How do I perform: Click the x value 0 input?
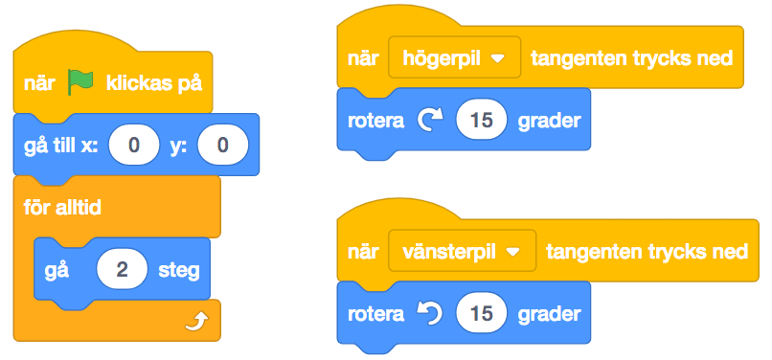(x=135, y=146)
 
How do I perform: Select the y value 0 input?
(x=222, y=146)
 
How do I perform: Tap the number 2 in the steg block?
(x=122, y=269)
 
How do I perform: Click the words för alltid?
(x=63, y=207)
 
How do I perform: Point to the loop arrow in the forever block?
(x=195, y=320)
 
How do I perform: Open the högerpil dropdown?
(x=453, y=58)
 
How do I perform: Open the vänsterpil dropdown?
(x=462, y=251)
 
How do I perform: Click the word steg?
(x=179, y=269)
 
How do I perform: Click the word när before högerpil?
(x=364, y=58)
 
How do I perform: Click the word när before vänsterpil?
(x=364, y=251)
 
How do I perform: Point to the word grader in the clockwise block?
(x=549, y=122)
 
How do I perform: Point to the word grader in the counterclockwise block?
(x=549, y=313)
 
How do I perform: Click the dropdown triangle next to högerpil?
(x=496, y=58)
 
